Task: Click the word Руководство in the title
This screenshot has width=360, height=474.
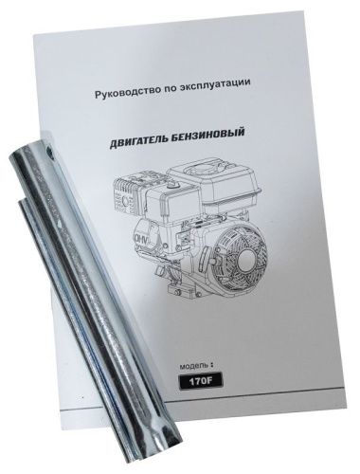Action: coord(122,95)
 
